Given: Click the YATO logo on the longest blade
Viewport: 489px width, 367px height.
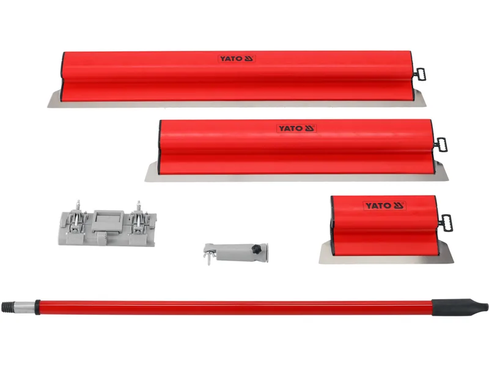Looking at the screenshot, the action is (237, 59).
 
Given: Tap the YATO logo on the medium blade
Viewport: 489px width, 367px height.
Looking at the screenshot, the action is (296, 128).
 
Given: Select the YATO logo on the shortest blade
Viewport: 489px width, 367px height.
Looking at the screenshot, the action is (384, 206).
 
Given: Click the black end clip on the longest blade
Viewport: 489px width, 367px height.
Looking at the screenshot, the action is (419, 74).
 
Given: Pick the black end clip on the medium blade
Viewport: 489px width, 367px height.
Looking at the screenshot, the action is (441, 144).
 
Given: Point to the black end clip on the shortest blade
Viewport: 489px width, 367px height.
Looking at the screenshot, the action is (446, 223).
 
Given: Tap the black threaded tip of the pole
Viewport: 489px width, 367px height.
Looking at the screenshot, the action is (9, 306).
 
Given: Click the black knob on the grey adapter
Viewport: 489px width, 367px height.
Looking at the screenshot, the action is (256, 249).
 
